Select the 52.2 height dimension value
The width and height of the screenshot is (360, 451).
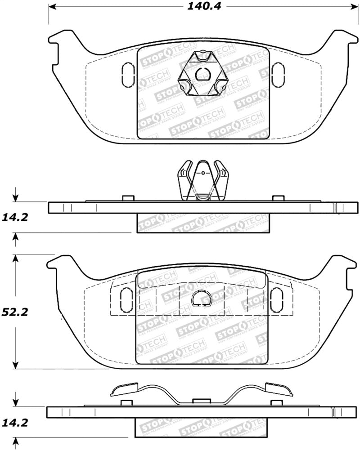15,312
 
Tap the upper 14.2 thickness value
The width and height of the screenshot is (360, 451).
15,218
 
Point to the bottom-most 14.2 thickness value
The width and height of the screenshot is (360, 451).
15,423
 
